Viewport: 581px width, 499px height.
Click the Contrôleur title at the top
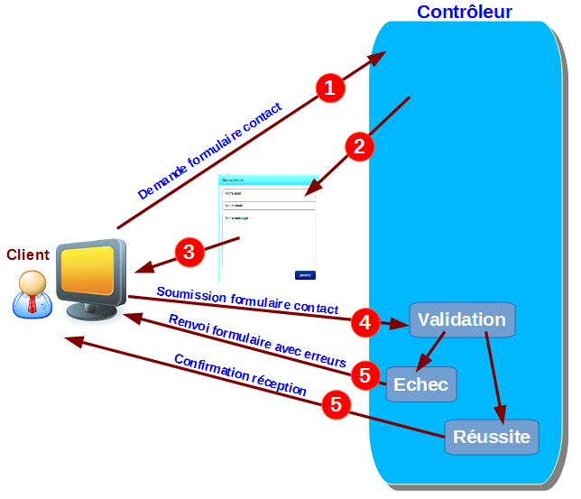coord(464,12)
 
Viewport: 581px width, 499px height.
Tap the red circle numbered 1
coord(330,88)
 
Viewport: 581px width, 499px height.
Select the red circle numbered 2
coord(359,147)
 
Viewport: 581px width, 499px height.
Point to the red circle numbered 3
coord(189,252)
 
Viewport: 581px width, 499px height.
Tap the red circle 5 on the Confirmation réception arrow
coord(337,405)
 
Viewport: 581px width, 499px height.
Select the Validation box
coord(462,319)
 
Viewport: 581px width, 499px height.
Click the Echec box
coord(420,384)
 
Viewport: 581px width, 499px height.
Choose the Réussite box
coord(492,437)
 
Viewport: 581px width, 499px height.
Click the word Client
coord(28,255)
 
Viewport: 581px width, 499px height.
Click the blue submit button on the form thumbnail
coord(305,274)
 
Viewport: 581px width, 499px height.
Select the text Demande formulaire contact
coord(209,152)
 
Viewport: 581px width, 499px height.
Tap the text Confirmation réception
coord(240,375)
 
